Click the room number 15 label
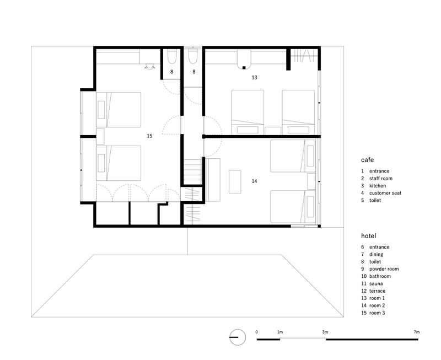pos(149,135)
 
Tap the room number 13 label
pos(254,78)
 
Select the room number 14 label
pos(254,181)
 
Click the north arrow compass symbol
pos(237,336)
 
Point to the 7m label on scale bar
pos(416,332)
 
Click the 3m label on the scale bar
pos(325,332)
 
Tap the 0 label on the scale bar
pos(257,332)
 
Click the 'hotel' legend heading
pos(369,235)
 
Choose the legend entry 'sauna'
pos(379,283)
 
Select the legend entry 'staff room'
pos(381,179)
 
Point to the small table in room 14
pos(235,181)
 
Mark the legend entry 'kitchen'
pos(378,186)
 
